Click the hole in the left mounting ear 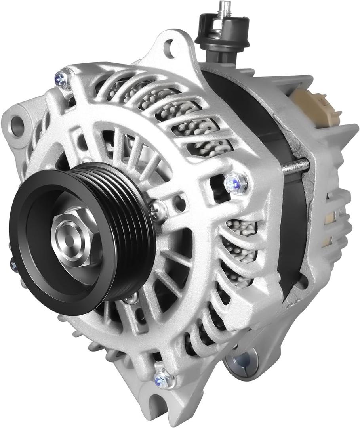[17, 125]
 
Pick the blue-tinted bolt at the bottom [162, 380]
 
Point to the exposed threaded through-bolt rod [295, 166]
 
